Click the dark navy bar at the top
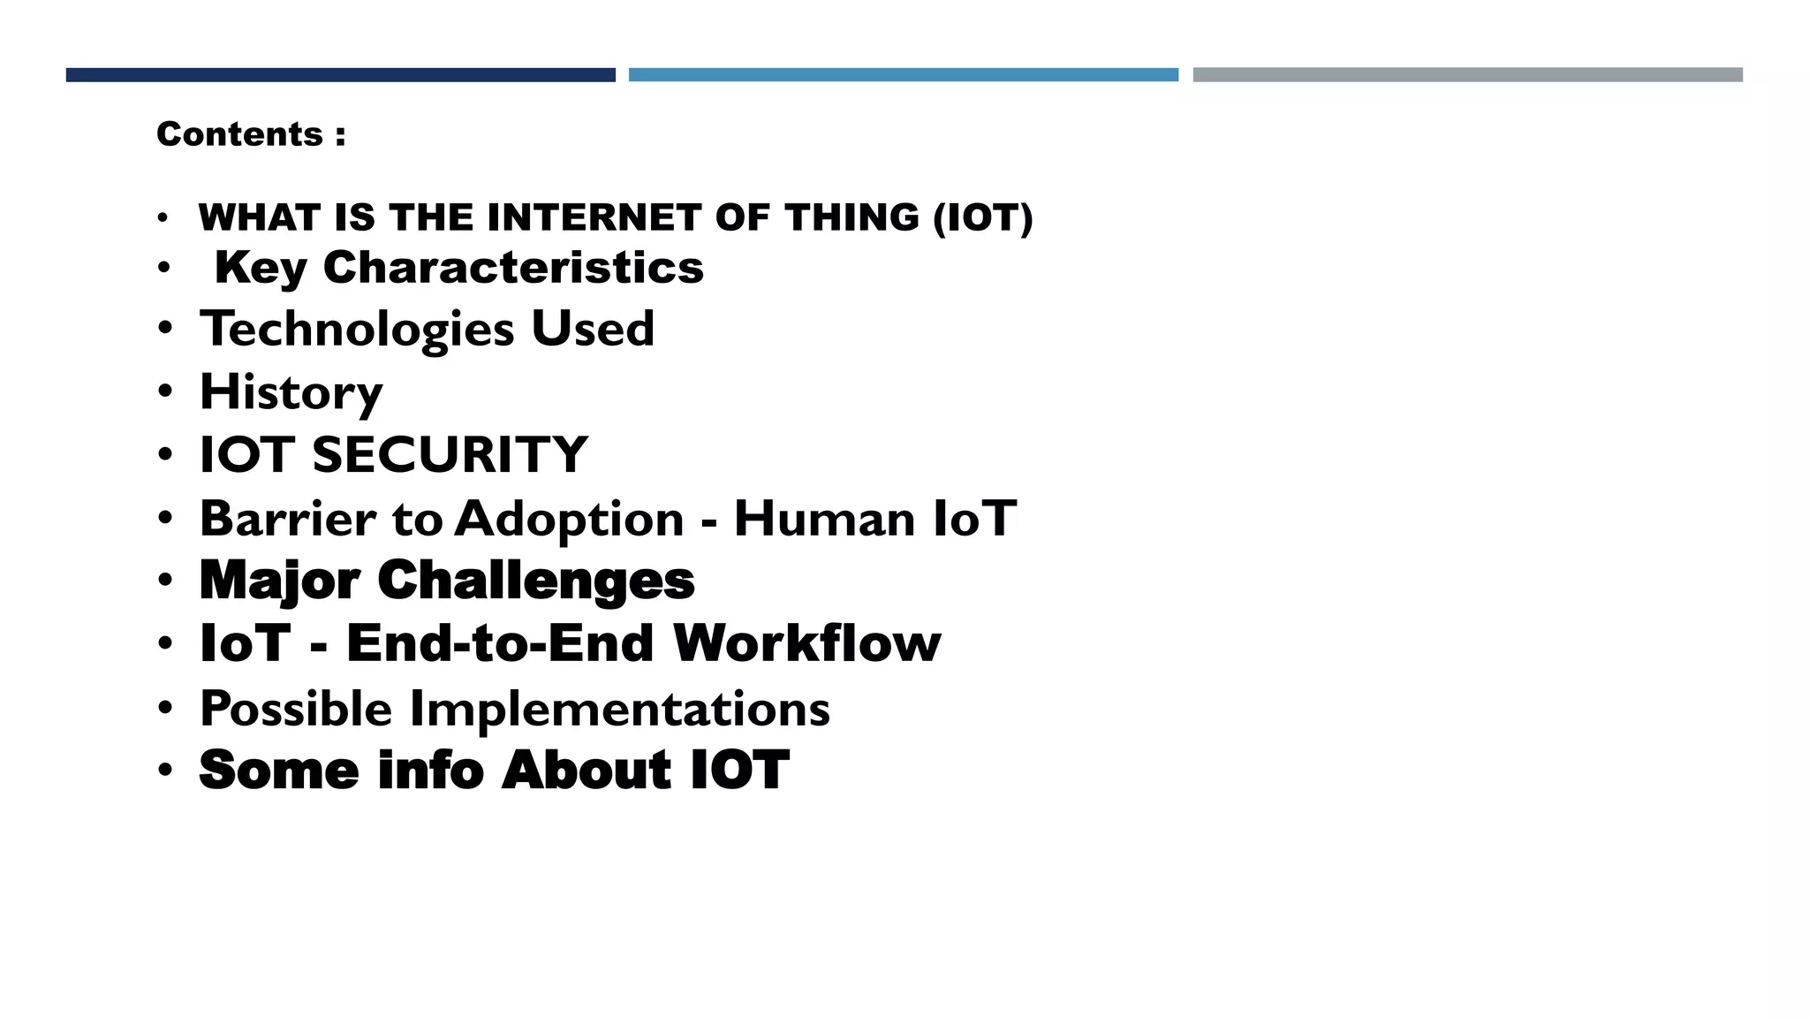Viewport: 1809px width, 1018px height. (340, 75)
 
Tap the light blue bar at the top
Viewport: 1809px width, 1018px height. (903, 75)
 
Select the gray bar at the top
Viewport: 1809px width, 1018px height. (1467, 75)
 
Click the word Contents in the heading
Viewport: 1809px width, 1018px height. (239, 134)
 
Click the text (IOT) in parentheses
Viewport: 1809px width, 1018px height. (982, 217)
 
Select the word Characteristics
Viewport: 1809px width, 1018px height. (513, 267)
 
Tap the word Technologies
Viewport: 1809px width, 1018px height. (357, 330)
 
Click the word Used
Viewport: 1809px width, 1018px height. (593, 329)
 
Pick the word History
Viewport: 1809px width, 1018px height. (291, 392)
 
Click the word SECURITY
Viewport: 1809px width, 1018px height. (450, 455)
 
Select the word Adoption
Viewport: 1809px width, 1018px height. (570, 520)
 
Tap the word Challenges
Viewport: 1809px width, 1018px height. (536, 581)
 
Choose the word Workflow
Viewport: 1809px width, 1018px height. (806, 643)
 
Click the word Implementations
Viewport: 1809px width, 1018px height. (619, 709)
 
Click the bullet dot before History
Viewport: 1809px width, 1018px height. (165, 391)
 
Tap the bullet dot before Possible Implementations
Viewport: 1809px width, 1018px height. (165, 708)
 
